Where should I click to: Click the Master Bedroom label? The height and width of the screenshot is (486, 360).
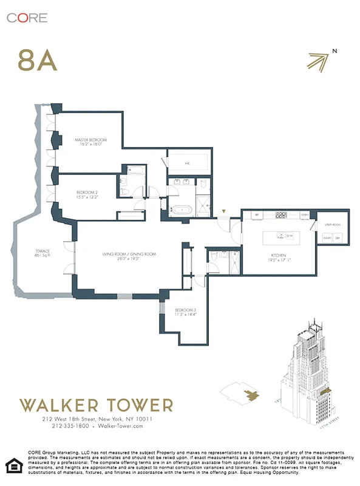[x=91, y=140]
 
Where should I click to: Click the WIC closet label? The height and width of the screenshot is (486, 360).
[x=188, y=163]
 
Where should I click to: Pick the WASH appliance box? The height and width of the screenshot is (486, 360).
[x=327, y=238]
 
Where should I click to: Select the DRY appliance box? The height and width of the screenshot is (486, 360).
[x=338, y=238]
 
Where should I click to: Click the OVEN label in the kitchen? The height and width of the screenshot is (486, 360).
[x=305, y=215]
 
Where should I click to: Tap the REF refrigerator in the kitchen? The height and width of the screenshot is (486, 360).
[x=257, y=215]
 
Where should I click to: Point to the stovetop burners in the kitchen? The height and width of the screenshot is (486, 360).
[x=282, y=214]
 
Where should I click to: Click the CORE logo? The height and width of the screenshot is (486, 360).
[x=27, y=18]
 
